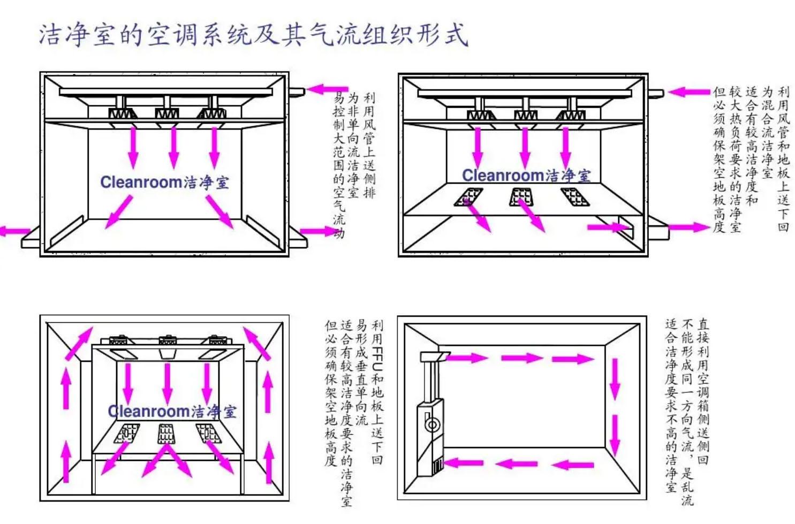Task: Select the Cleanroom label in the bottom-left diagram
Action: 149,411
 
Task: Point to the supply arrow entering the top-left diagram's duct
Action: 327,89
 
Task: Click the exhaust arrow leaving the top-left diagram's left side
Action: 13,231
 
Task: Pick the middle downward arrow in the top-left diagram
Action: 173,147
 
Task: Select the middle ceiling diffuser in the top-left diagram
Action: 166,113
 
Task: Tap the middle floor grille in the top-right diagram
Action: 521,197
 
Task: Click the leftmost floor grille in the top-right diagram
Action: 469,197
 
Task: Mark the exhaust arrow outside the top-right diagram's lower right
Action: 687,227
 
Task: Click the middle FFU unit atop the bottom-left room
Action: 168,340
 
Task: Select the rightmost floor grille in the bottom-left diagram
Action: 208,432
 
